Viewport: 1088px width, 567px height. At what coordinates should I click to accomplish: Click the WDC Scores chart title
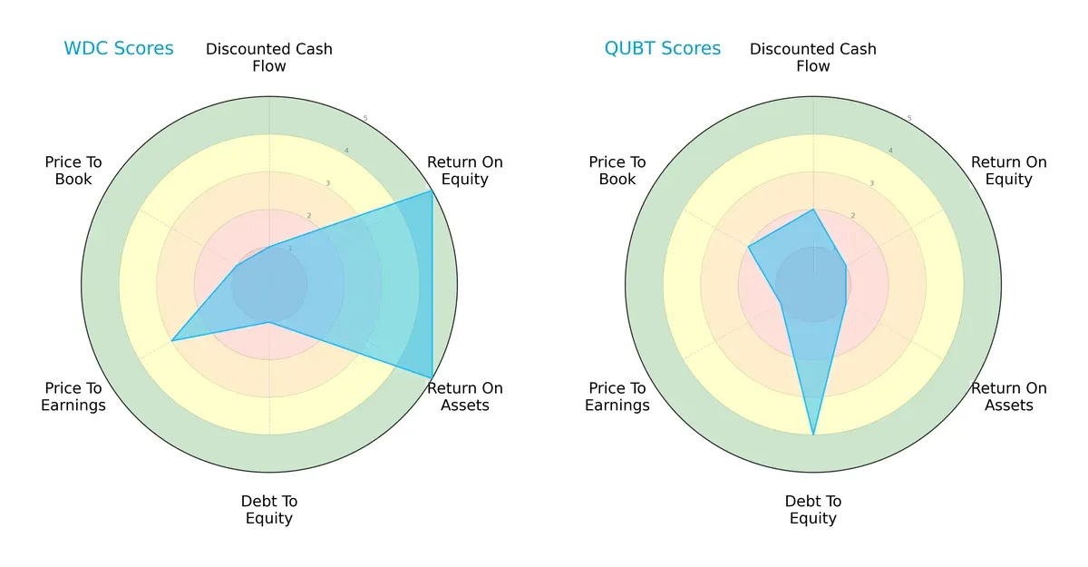(118, 48)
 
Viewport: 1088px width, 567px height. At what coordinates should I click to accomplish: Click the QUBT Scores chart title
(662, 48)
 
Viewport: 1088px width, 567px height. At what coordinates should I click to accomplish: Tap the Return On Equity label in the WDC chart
(464, 171)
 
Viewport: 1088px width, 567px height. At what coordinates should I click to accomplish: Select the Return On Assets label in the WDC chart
(464, 396)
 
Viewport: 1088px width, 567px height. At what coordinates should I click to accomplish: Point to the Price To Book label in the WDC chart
(73, 171)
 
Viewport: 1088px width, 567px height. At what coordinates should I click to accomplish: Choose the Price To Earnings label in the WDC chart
(73, 396)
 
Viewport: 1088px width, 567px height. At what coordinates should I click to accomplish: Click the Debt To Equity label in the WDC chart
(269, 510)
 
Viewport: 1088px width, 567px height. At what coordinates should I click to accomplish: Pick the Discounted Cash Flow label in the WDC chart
(269, 57)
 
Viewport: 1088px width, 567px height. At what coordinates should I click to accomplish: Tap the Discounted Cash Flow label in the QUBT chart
(813, 57)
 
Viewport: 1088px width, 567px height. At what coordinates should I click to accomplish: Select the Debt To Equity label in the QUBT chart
(813, 510)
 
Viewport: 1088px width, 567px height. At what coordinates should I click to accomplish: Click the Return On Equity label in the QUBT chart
(1008, 171)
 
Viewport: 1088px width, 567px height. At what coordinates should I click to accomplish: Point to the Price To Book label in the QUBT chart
(617, 171)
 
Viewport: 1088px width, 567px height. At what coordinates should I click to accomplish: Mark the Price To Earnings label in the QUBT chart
(617, 396)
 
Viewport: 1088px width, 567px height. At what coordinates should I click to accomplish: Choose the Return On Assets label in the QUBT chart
(1008, 396)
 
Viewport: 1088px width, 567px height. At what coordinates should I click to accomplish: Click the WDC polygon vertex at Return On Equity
(432, 191)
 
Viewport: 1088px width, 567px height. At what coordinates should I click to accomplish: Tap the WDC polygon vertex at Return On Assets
(432, 377)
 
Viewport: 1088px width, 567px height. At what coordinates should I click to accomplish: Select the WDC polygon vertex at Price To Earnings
(172, 340)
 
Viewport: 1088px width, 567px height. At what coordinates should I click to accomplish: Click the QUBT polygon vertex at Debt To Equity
(813, 435)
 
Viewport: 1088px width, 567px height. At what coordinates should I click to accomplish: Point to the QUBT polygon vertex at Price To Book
(749, 247)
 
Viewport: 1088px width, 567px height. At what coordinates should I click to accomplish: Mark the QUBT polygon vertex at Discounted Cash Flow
(813, 210)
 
